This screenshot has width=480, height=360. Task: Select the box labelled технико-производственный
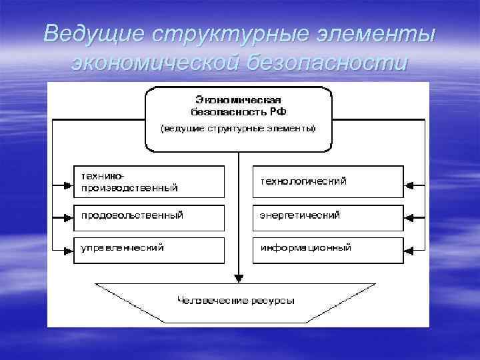[x=149, y=182]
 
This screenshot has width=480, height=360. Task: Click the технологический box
[x=327, y=182]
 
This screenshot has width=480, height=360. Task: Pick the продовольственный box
[x=149, y=217]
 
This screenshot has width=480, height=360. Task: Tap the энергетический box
[x=327, y=217]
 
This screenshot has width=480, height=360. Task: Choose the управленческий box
[x=149, y=250]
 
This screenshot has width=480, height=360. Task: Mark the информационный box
[x=327, y=250]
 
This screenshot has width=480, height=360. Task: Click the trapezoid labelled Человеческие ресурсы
[x=237, y=301]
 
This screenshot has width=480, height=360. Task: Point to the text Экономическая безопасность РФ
[x=237, y=104]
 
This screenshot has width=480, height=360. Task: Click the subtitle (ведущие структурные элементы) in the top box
[x=237, y=128]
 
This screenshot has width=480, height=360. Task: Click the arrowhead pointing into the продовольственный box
[x=68, y=217]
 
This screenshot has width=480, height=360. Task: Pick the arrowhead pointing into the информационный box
[x=409, y=250]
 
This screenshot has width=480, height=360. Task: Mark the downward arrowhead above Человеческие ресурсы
[x=237, y=279]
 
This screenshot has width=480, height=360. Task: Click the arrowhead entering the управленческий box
[x=68, y=250]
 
